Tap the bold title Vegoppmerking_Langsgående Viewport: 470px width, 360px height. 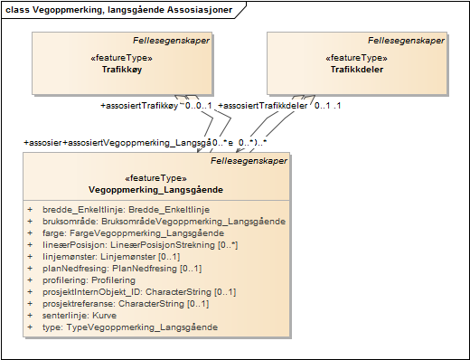pos(156,190)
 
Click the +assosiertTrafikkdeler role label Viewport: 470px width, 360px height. pos(263,106)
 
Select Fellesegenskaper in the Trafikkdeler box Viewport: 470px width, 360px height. pos(406,41)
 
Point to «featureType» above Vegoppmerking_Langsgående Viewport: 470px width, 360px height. pos(156,178)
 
